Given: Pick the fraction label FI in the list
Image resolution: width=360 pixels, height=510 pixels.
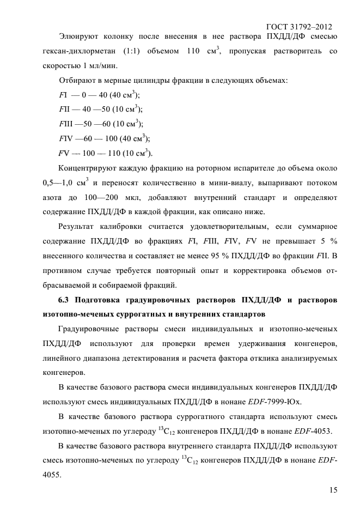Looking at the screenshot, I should pos(62,95).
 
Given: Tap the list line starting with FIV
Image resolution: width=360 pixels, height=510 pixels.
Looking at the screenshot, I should pos(104,137).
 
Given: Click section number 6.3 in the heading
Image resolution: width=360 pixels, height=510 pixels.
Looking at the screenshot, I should pos(65,300).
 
